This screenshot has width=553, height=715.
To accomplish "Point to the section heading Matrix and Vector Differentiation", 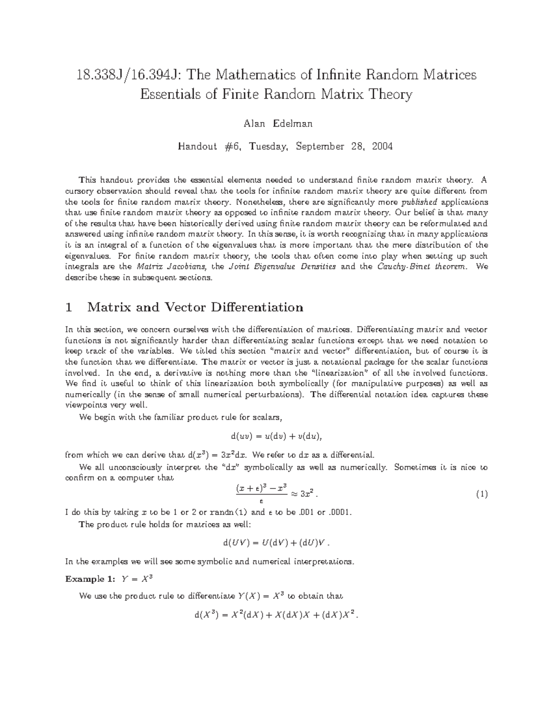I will click(x=195, y=307).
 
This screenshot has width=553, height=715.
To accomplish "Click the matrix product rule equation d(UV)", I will click(x=276, y=543).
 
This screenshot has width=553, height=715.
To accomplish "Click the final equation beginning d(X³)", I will click(x=276, y=615).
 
